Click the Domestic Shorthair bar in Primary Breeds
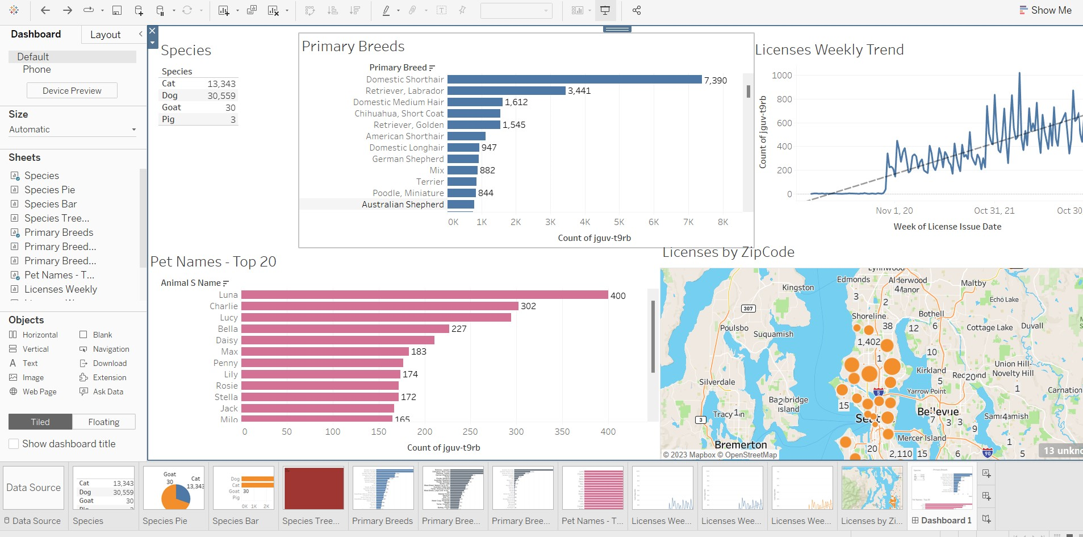tap(574, 80)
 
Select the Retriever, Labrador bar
tap(506, 91)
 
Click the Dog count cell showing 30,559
tap(221, 96)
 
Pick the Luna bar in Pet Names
tap(424, 295)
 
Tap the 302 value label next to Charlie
tap(528, 306)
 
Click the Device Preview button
tap(72, 91)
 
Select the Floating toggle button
tap(104, 422)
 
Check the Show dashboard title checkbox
tap(14, 444)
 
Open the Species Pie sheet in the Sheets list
tap(49, 190)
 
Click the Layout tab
tap(105, 35)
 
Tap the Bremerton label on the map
tap(740, 445)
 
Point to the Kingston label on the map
tap(797, 288)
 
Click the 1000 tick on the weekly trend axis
tap(781, 76)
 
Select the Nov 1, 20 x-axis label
tap(894, 211)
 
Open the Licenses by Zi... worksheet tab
tap(871, 521)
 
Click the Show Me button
tap(1045, 10)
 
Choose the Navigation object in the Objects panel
tap(111, 349)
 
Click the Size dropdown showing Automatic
tap(72, 130)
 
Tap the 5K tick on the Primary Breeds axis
tap(619, 222)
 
